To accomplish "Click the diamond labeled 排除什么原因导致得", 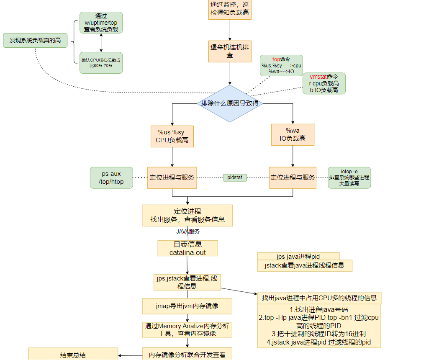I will pyautogui.click(x=230, y=103).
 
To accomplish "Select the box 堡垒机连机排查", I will pyautogui.click(x=230, y=51).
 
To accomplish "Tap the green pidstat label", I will pyautogui.click(x=235, y=177).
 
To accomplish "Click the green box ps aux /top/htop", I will pyautogui.click(x=111, y=177).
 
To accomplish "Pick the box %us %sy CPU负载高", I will pyautogui.click(x=172, y=136).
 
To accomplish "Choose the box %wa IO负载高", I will pyautogui.click(x=293, y=135).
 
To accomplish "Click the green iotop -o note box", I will pyautogui.click(x=349, y=177).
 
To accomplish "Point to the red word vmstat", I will pyautogui.click(x=318, y=77).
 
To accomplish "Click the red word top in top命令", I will pyautogui.click(x=276, y=59).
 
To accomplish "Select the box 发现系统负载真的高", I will pyautogui.click(x=35, y=40).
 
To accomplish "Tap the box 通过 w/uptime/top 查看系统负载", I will pyautogui.click(x=101, y=23).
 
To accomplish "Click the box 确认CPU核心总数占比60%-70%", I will pyautogui.click(x=101, y=63).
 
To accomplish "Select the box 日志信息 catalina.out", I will pyautogui.click(x=187, y=248).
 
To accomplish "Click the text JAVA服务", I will pyautogui.click(x=188, y=231).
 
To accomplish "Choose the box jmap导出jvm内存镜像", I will pyautogui.click(x=187, y=306).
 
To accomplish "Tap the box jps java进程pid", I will pyautogui.click(x=298, y=256).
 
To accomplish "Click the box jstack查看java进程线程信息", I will pyautogui.click(x=304, y=265).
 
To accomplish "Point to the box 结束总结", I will pyautogui.click(x=73, y=355).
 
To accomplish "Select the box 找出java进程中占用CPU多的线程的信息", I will pyautogui.click(x=319, y=298).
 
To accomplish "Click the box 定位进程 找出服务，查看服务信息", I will pyautogui.click(x=187, y=215).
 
